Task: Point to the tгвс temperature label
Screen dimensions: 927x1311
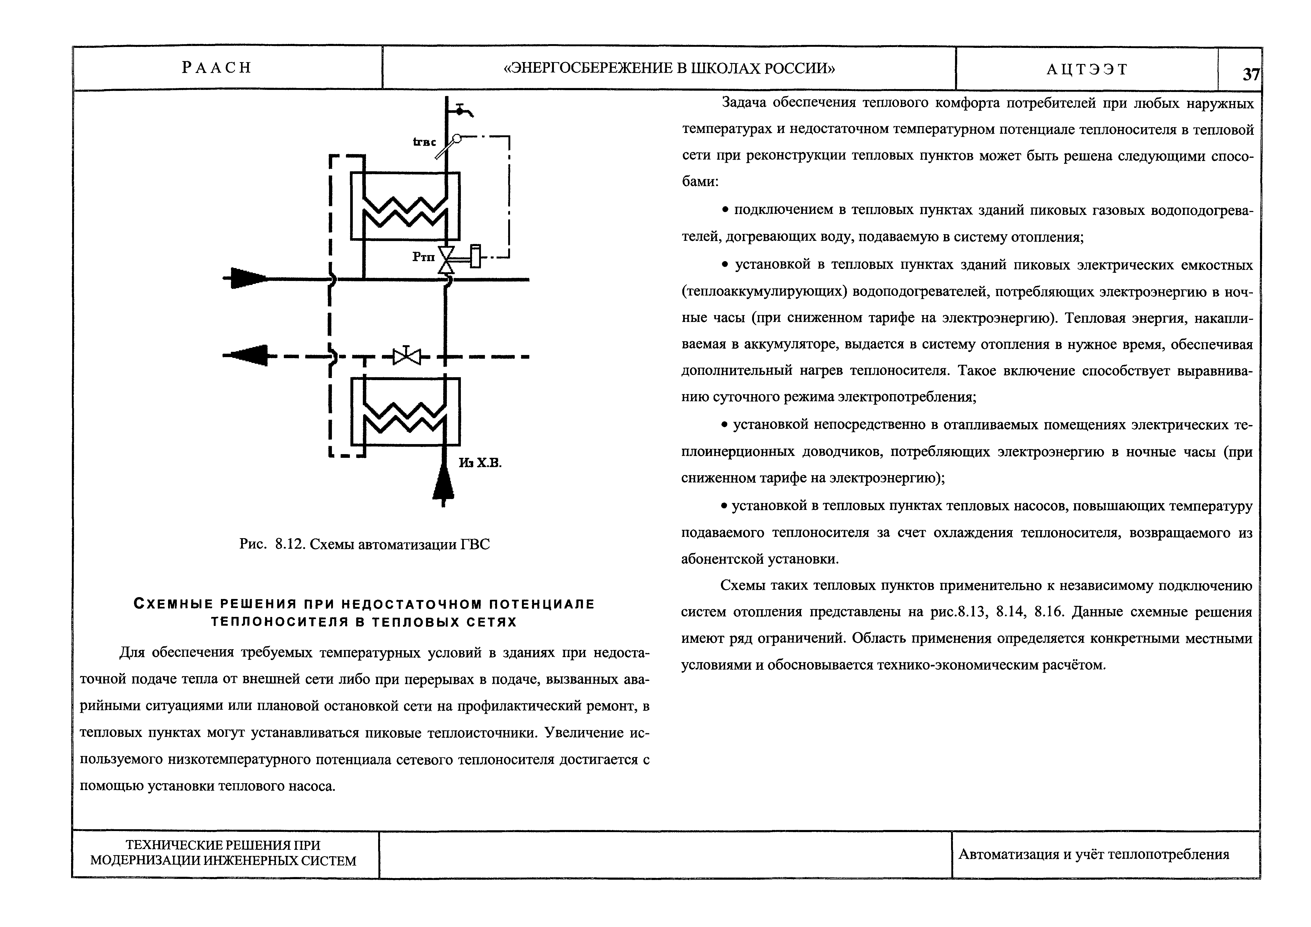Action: [x=425, y=142]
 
